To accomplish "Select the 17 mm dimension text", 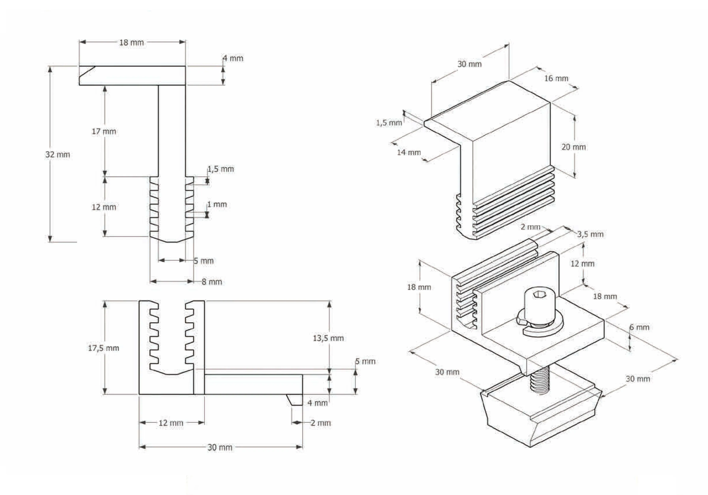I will [x=104, y=132].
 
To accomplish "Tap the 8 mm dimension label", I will [x=212, y=282].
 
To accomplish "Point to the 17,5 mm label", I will [x=104, y=348].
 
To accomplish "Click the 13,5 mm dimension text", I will [x=328, y=338].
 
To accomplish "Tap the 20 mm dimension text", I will [x=573, y=147].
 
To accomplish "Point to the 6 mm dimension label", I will [x=639, y=327].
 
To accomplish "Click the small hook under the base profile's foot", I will [x=295, y=400].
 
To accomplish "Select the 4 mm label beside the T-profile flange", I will [x=233, y=58].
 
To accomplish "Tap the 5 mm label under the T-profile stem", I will [x=203, y=261].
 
